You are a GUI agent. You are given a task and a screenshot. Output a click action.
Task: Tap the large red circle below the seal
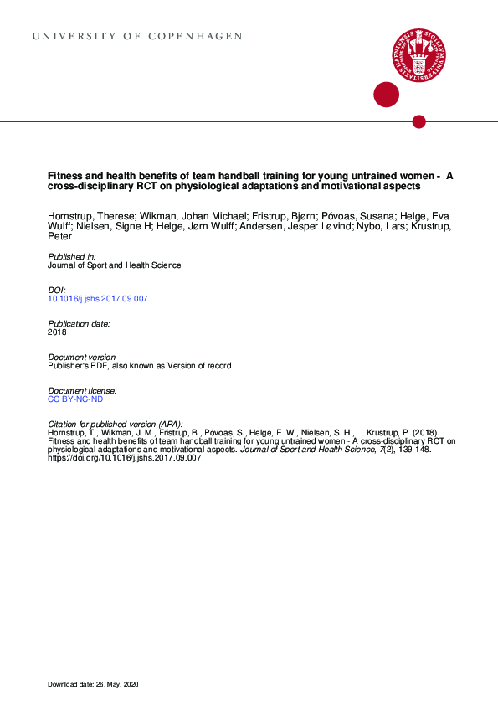tap(386, 95)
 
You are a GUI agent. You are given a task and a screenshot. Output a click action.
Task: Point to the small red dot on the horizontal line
tap(419, 122)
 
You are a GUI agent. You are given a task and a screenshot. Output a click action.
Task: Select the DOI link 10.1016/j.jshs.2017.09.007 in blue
tap(97, 299)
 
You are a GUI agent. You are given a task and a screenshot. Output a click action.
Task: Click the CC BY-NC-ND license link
tap(75, 399)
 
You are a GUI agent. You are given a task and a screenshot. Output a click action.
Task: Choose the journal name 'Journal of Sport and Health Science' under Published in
tap(114, 265)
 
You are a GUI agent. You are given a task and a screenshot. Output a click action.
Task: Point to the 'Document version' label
tap(82, 357)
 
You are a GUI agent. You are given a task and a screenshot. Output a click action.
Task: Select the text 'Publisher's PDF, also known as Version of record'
tap(139, 366)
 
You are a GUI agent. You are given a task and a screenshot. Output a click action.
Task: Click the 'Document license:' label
tap(82, 390)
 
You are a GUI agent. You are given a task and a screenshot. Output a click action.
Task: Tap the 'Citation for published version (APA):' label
tap(115, 424)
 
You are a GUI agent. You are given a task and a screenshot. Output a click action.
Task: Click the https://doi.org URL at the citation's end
tap(125, 458)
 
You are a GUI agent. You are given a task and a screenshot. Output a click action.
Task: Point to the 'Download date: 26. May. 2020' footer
tap(93, 686)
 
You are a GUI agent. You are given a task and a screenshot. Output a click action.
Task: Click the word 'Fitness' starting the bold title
tap(64, 176)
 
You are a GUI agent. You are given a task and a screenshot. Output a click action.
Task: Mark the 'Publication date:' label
tap(79, 323)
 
